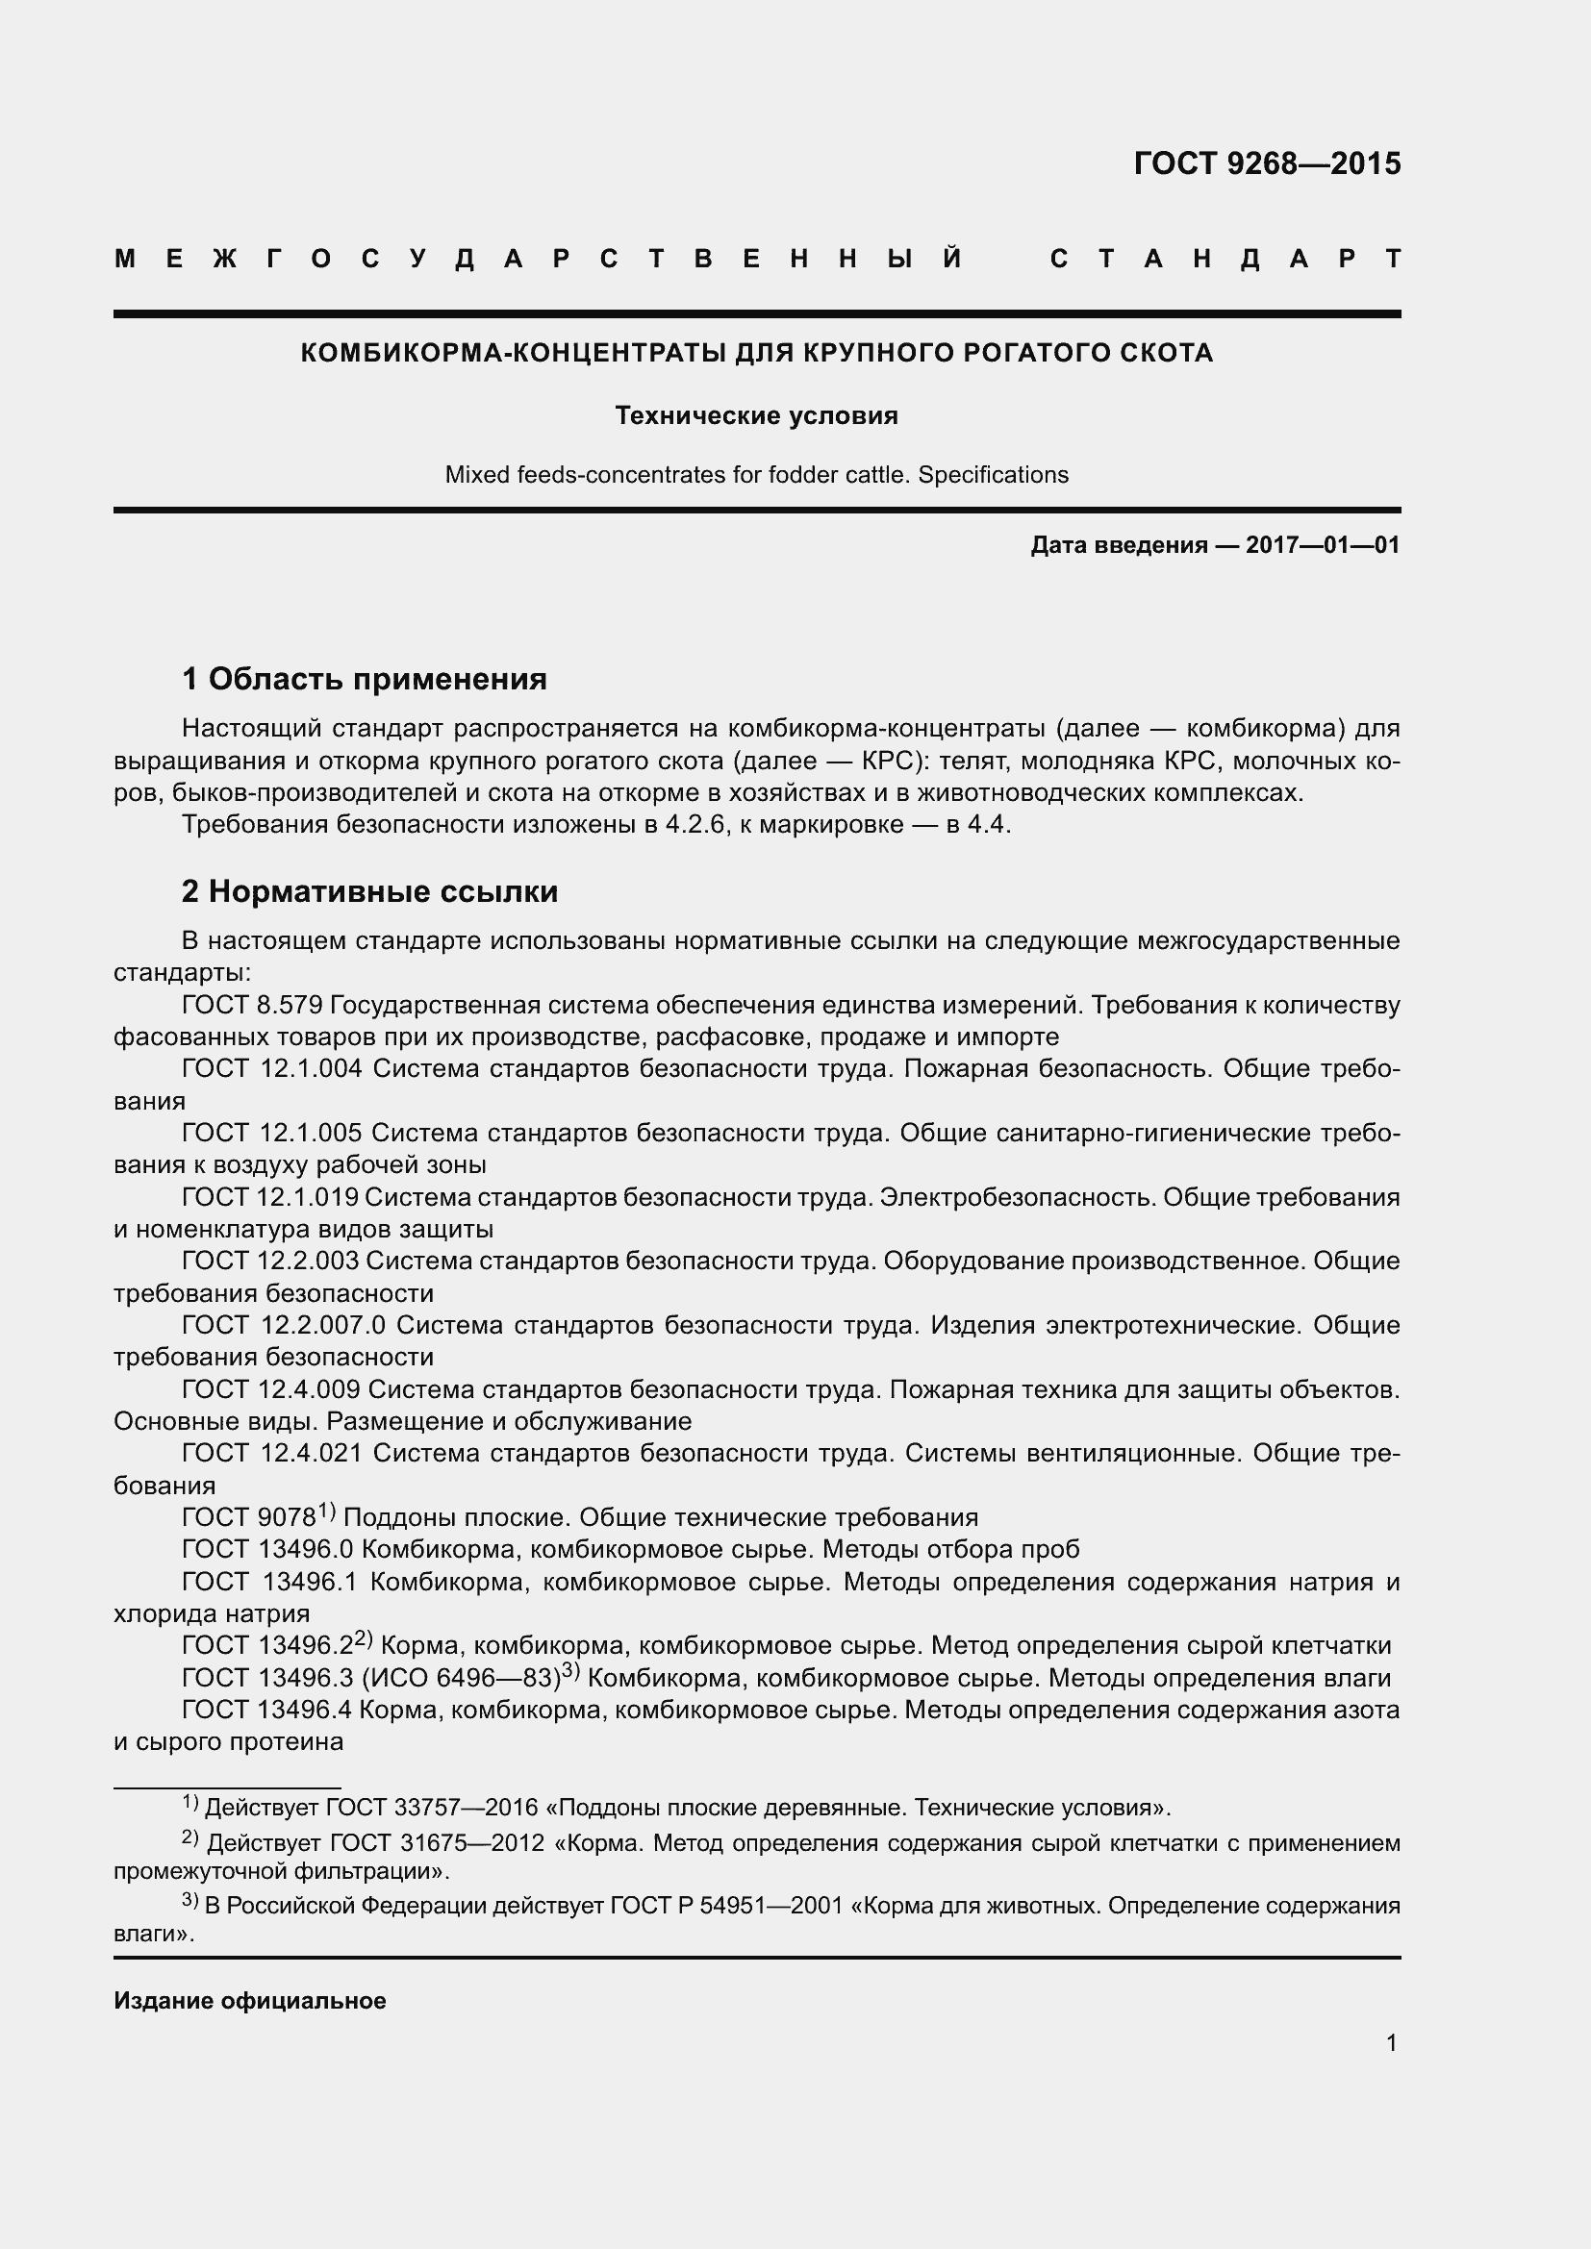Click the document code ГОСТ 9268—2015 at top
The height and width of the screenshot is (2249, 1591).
pyautogui.click(x=1267, y=162)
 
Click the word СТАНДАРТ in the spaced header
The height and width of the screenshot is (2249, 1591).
pyautogui.click(x=1225, y=259)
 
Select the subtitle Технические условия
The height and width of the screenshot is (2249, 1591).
pyautogui.click(x=756, y=415)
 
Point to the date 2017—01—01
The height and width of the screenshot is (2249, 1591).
pyautogui.click(x=1323, y=544)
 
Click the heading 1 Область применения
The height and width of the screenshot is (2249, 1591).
pyautogui.click(x=365, y=678)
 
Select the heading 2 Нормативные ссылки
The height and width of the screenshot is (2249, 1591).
pyautogui.click(x=369, y=891)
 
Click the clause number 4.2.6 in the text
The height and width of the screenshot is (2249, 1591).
pyautogui.click(x=694, y=825)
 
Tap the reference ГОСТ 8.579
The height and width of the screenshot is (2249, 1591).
pyautogui.click(x=252, y=1005)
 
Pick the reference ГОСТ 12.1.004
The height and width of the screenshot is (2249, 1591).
pyautogui.click(x=271, y=1068)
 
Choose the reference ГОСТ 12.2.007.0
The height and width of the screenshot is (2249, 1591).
pyautogui.click(x=283, y=1325)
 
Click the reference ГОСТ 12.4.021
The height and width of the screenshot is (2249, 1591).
pyautogui.click(x=271, y=1454)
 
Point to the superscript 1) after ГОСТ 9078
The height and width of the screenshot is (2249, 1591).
pyautogui.click(x=326, y=1512)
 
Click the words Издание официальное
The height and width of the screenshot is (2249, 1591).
pyautogui.click(x=250, y=2001)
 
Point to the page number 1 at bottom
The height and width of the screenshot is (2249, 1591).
pyautogui.click(x=1391, y=2043)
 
